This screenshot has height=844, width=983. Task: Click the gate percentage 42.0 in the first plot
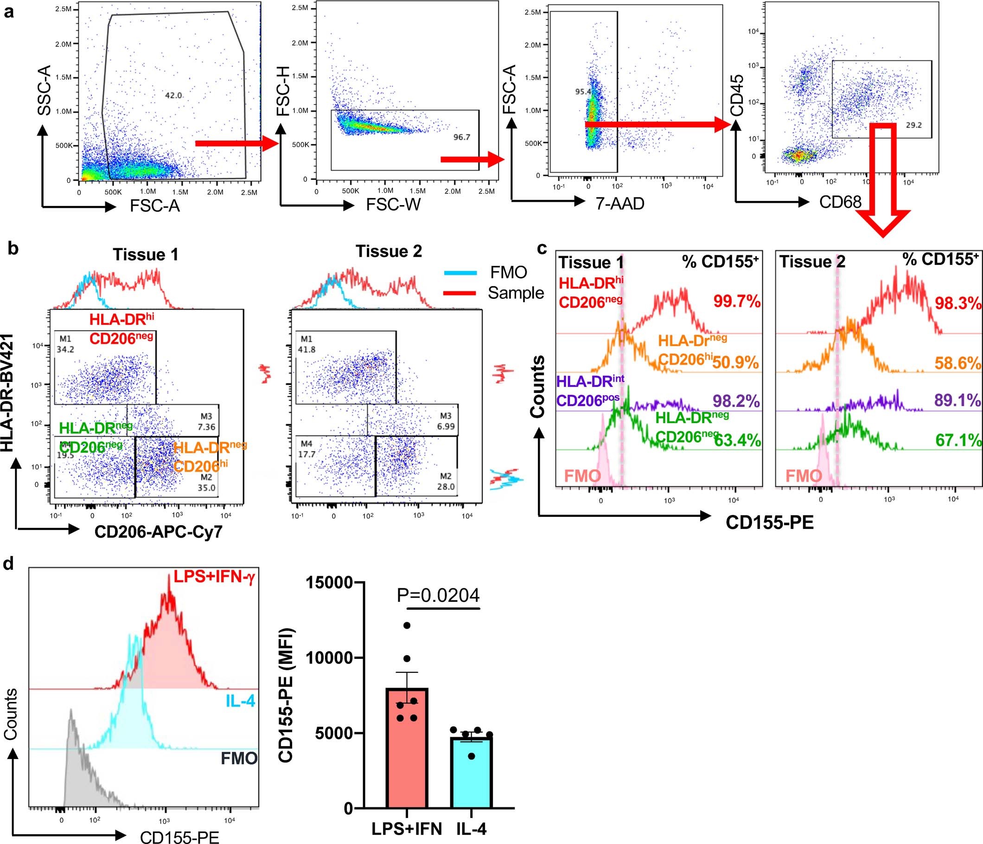pos(173,96)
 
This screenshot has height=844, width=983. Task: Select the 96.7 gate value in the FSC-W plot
pos(462,137)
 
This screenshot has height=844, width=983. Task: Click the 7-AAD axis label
pos(620,204)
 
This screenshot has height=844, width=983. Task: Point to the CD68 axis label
pos(840,202)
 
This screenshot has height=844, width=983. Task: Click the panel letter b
pos(13,248)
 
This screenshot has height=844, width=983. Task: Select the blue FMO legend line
pos(460,273)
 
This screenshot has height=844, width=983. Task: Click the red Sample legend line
pos(460,293)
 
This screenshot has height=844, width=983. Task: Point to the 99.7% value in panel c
pos(737,301)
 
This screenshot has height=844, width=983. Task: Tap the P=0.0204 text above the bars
pos(438,595)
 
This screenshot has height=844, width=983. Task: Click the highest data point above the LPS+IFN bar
pos(407,625)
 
